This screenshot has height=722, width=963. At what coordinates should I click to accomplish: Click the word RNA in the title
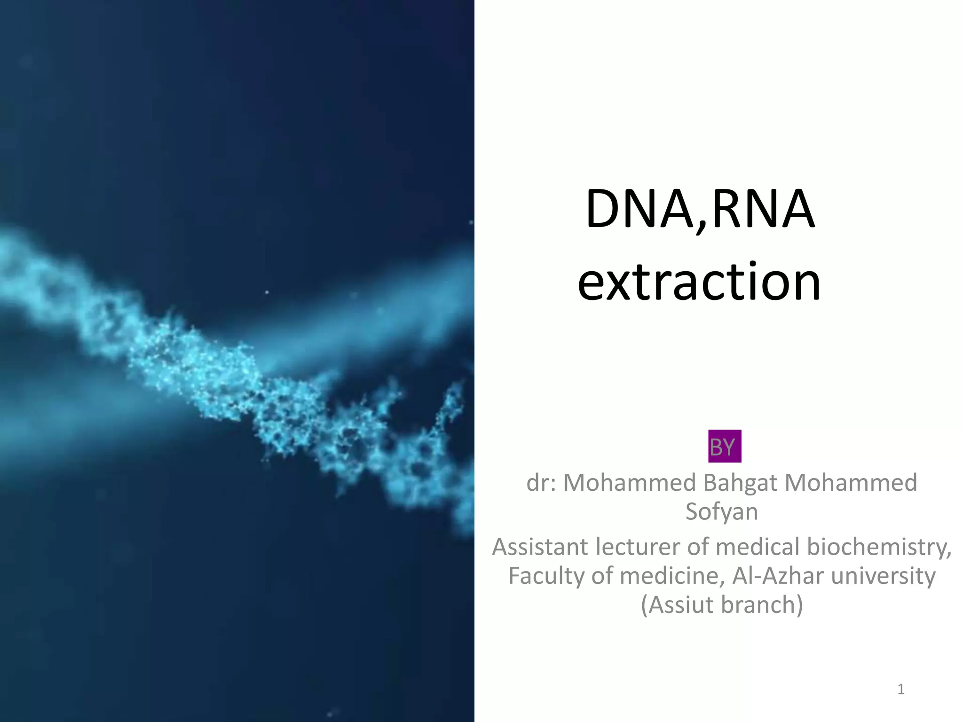click(763, 209)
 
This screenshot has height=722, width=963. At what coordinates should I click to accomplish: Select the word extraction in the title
click(699, 282)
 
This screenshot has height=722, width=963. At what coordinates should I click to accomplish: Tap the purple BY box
click(724, 447)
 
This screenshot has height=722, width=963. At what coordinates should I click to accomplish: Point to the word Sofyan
click(722, 511)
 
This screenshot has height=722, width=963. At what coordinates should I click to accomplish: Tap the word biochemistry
click(876, 547)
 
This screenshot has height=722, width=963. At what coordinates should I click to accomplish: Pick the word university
click(883, 576)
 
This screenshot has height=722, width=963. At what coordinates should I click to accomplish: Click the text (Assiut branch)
click(722, 604)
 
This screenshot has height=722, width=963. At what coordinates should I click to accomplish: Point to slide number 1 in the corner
click(900, 690)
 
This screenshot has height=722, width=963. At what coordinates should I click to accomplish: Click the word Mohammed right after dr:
click(629, 483)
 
